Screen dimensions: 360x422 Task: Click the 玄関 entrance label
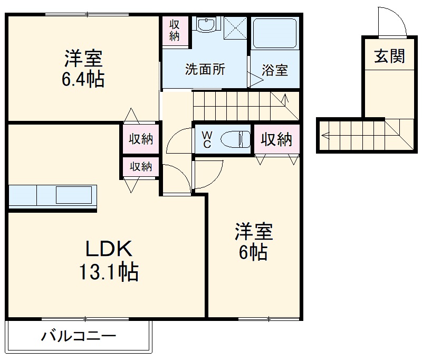[390, 56]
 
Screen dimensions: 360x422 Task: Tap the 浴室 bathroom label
[275, 70]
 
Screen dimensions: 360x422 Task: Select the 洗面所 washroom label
[205, 69]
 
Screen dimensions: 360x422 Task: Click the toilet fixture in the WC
[235, 139]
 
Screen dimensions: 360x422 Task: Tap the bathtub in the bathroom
[274, 33]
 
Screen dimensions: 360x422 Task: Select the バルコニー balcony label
[79, 336]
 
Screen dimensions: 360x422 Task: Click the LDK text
[108, 248]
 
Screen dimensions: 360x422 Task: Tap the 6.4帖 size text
[83, 79]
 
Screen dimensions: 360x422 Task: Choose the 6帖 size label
[253, 253]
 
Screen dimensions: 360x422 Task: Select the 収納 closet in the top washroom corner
[175, 31]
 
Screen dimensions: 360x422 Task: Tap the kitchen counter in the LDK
[53, 196]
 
